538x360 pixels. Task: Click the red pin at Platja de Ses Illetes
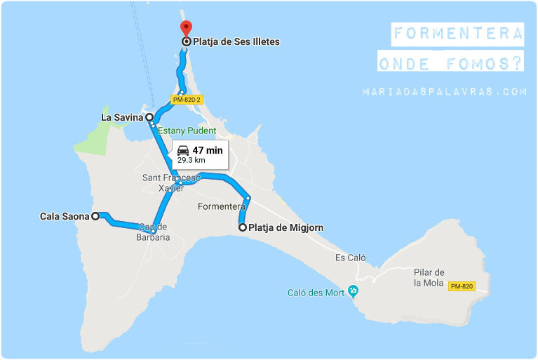coord(186,28)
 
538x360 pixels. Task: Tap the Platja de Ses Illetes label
coord(236,42)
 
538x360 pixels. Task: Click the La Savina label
coord(121,117)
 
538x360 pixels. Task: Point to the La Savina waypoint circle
coord(149,117)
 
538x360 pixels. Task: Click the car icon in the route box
coord(183,149)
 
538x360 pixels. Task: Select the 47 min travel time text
coord(208,149)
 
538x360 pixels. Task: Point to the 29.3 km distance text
coord(191,160)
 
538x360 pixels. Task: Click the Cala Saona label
coord(65,217)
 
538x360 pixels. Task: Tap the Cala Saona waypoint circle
coord(95,216)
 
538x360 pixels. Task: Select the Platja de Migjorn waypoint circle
coord(243,227)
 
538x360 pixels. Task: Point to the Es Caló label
coord(350,258)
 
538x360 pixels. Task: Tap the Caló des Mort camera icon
coord(352,291)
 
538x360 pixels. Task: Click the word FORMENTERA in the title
coord(458,34)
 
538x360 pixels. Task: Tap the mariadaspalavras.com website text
coord(444,91)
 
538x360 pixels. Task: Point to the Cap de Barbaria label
coord(154,232)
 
